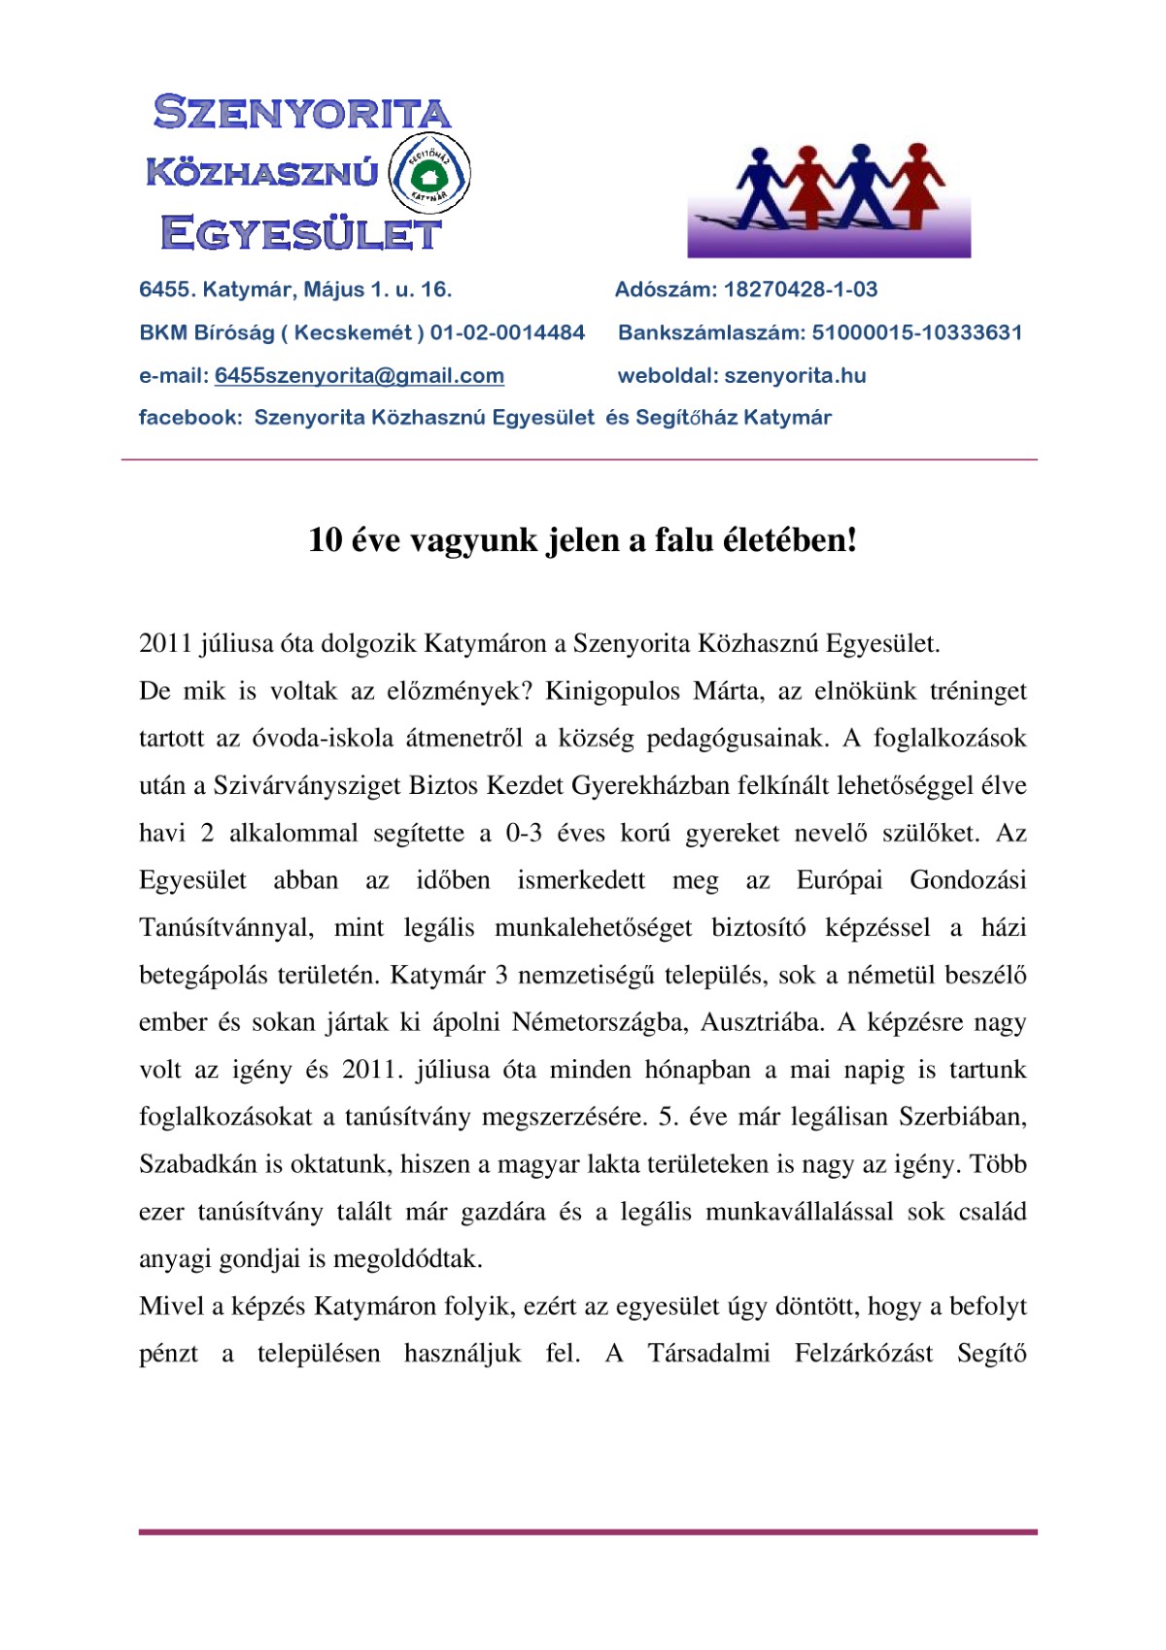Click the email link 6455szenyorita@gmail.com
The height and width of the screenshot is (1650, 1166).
tap(359, 376)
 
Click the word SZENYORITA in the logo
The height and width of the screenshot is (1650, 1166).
tap(302, 113)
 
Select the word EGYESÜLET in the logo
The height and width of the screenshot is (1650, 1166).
tap(300, 234)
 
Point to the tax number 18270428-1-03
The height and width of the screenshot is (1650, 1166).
tap(801, 290)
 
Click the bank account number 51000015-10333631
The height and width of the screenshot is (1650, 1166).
tap(916, 332)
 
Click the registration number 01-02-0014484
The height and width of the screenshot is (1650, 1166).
tap(507, 332)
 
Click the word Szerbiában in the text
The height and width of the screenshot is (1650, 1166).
tap(962, 1117)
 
